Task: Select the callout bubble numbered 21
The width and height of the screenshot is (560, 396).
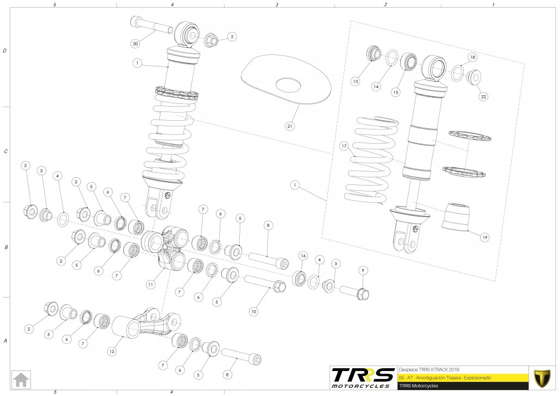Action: point(290,126)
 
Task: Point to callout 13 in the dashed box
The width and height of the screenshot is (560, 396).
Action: point(355,81)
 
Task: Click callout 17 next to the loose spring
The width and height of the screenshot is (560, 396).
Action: point(344,146)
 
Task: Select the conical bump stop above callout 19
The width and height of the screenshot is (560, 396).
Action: point(455,216)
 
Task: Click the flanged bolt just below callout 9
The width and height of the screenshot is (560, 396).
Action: point(356,293)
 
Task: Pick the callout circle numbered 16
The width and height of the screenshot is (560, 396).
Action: point(303,255)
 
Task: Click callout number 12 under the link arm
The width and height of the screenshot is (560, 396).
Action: point(111,351)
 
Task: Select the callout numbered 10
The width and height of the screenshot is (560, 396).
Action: point(253,311)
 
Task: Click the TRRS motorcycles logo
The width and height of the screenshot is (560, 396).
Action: point(363,376)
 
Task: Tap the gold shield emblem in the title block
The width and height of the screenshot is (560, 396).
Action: point(540,376)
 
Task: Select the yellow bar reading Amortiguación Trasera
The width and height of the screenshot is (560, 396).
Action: point(462,377)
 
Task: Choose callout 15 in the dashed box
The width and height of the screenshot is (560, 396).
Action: point(395,92)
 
